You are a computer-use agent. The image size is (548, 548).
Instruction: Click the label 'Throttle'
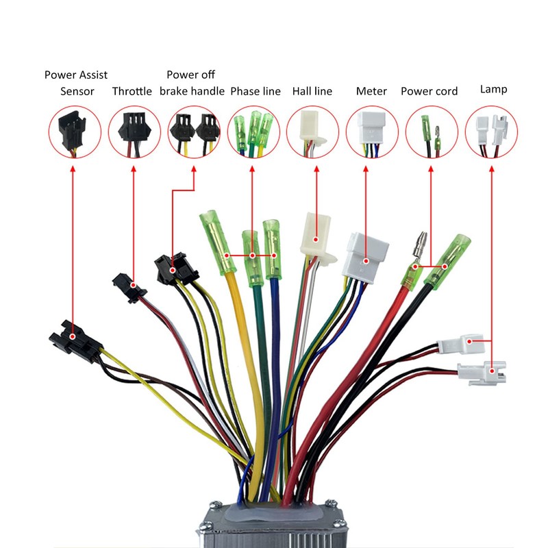(132, 91)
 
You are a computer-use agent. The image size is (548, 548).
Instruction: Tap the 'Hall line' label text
(312, 91)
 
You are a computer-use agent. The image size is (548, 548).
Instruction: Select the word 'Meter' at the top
(371, 91)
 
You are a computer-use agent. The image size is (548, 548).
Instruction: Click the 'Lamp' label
(493, 89)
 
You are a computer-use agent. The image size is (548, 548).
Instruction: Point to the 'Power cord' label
(429, 91)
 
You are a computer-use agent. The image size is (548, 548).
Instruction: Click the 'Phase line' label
(255, 91)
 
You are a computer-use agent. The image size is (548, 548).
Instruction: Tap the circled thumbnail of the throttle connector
(133, 132)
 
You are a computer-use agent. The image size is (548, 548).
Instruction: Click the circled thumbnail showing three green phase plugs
(252, 132)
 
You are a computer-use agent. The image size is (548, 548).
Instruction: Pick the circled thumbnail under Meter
(372, 132)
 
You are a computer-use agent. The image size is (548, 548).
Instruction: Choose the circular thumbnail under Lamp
(490, 132)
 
